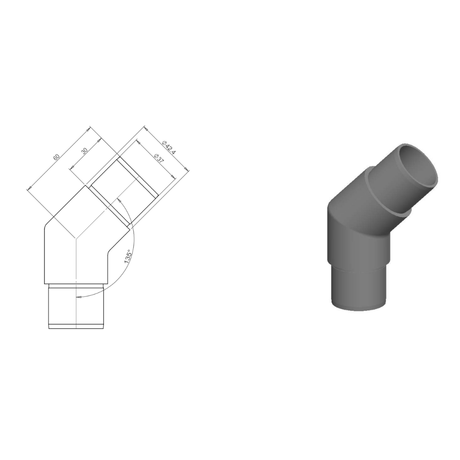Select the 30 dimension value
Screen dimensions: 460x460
pos(84,151)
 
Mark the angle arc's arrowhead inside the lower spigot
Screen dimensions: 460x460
pos(79,297)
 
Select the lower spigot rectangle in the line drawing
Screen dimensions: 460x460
pos(76,306)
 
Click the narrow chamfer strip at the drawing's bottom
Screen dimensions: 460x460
pos(76,327)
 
